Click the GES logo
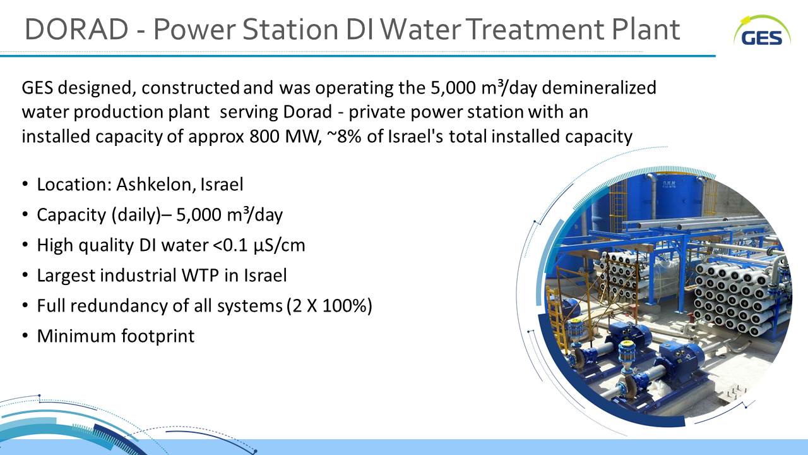pos(762,31)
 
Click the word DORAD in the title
pos(76,29)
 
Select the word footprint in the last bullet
pos(158,336)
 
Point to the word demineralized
pos(599,88)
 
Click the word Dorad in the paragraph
pos(307,112)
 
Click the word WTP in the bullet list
pos(200,276)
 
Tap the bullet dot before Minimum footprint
pos(25,336)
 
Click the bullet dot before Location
pos(25,184)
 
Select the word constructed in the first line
pos(190,88)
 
